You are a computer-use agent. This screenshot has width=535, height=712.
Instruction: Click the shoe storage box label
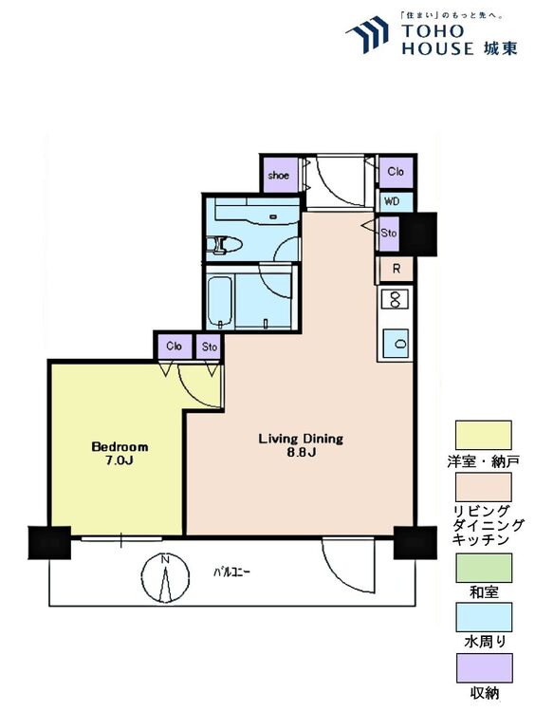(x=278, y=176)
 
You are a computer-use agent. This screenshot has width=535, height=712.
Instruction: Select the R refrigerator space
(x=396, y=269)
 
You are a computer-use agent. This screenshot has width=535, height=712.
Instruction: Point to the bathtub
(x=220, y=302)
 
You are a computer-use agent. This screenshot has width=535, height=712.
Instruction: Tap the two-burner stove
(x=395, y=299)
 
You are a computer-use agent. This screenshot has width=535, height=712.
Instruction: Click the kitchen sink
(x=396, y=343)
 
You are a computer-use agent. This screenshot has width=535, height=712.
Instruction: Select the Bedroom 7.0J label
(x=120, y=453)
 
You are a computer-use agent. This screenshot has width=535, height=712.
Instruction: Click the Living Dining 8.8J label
(x=301, y=445)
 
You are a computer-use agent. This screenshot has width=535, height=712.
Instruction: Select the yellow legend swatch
(x=483, y=435)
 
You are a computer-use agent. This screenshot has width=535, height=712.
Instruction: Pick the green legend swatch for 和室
(x=484, y=567)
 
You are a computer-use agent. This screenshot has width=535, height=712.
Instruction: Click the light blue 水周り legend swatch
(x=484, y=617)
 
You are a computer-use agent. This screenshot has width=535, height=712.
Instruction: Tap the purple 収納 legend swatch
(x=484, y=667)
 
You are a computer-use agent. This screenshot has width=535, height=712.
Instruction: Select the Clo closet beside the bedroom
(x=175, y=347)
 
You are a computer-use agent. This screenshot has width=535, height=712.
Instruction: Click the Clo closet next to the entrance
(x=396, y=172)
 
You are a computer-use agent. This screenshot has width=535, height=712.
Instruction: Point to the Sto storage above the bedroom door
(x=210, y=347)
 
